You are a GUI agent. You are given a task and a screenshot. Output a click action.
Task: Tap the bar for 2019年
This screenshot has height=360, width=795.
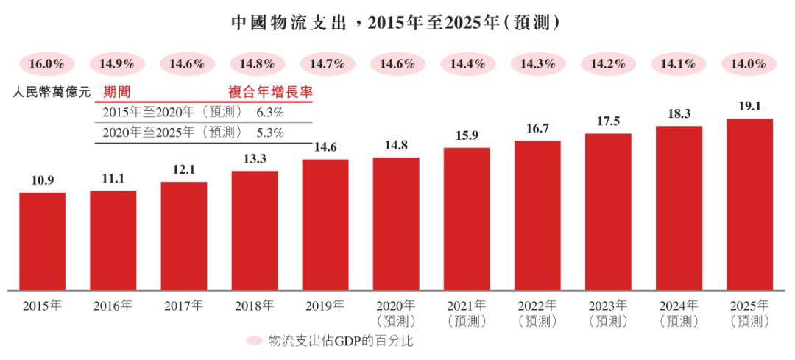pyautogui.click(x=325, y=224)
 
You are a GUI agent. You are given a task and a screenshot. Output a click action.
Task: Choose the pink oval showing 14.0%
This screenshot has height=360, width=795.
pyautogui.click(x=749, y=64)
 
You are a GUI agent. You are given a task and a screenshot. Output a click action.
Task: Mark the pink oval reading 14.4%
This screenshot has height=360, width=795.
pyautogui.click(x=467, y=64)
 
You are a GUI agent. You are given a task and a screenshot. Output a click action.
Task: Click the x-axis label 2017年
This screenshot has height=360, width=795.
pyautogui.click(x=184, y=306)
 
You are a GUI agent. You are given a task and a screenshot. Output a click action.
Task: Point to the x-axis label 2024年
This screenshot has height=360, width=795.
pyautogui.click(x=679, y=306)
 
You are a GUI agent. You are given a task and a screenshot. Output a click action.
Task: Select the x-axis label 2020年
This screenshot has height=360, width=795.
pyautogui.click(x=396, y=306)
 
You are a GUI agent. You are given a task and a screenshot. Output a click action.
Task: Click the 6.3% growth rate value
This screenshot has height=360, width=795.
pyautogui.click(x=270, y=113)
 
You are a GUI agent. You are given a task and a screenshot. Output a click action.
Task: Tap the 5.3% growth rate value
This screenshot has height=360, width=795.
pyautogui.click(x=270, y=133)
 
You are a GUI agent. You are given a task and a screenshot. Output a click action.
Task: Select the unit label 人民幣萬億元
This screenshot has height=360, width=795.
pyautogui.click(x=52, y=93)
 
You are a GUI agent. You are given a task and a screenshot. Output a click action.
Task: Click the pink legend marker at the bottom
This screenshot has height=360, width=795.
pyautogui.click(x=254, y=341)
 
